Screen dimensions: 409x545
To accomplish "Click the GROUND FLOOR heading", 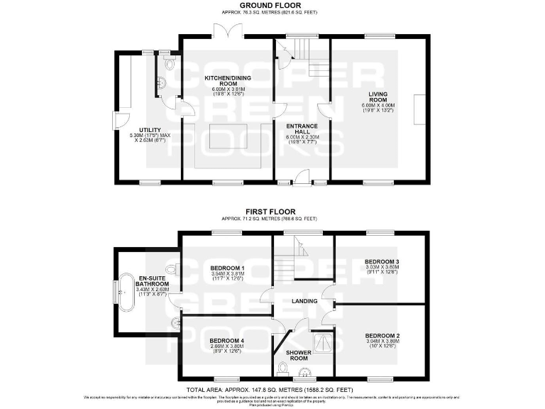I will [x=272, y=5].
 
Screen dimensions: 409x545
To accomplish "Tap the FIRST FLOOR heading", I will [x=272, y=212].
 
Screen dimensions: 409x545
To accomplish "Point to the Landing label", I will [x=304, y=301].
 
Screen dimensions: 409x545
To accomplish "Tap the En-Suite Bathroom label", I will [x=154, y=281].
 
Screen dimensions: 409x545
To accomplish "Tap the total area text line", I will [x=272, y=390].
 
